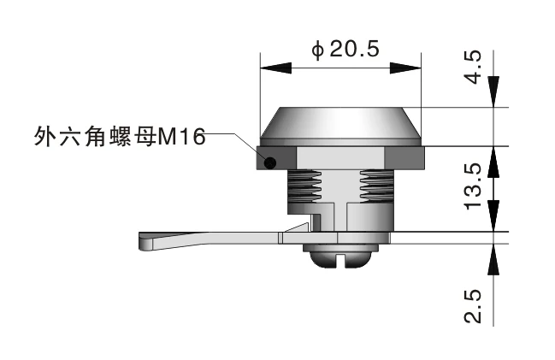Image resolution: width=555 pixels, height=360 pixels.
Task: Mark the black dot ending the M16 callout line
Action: (269, 162)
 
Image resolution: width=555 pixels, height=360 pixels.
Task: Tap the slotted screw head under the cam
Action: (340, 255)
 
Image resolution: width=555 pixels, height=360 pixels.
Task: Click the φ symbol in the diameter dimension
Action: (317, 50)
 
